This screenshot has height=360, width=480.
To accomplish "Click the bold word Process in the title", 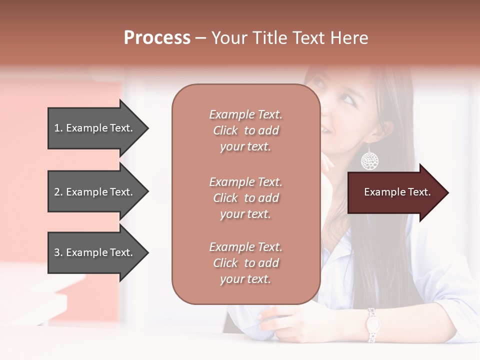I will tap(157, 38).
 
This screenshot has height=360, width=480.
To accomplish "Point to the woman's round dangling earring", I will tap(369, 160).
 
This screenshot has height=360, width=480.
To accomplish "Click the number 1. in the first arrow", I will tap(58, 128).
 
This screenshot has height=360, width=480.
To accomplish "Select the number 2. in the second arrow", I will tap(58, 192).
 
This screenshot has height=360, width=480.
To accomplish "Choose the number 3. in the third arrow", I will tap(58, 252).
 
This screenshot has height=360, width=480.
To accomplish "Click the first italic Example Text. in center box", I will tap(245, 114).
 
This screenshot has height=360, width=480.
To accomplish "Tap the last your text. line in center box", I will tap(245, 279).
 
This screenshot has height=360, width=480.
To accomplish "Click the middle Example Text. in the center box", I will tap(245, 182).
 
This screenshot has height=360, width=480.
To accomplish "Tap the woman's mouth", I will tap(325, 130).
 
